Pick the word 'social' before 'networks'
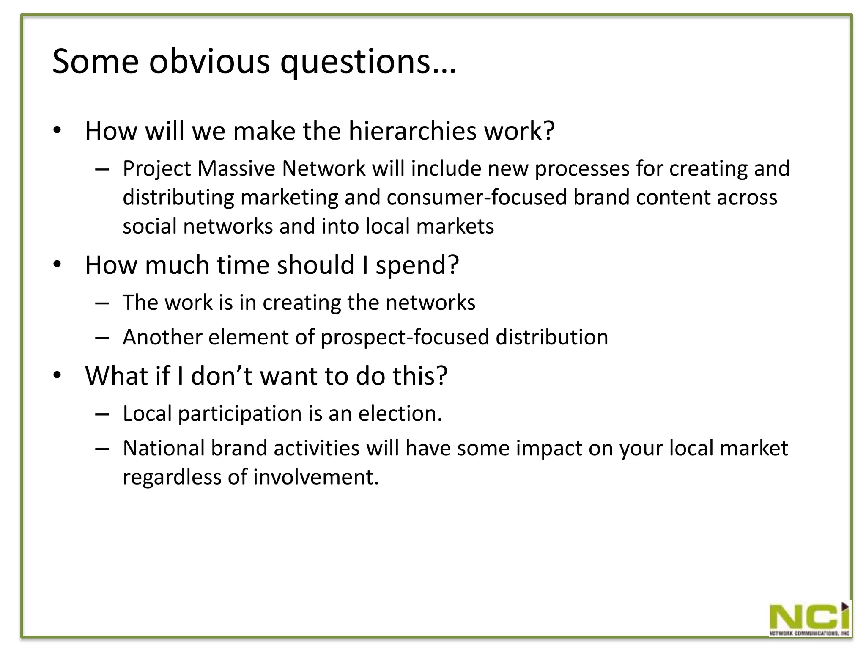(150, 226)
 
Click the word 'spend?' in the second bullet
(417, 266)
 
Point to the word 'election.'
(400, 413)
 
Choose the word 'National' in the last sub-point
(164, 448)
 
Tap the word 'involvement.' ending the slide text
(316, 477)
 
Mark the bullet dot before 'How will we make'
(58, 131)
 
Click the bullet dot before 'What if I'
(58, 376)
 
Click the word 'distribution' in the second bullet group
(551, 337)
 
